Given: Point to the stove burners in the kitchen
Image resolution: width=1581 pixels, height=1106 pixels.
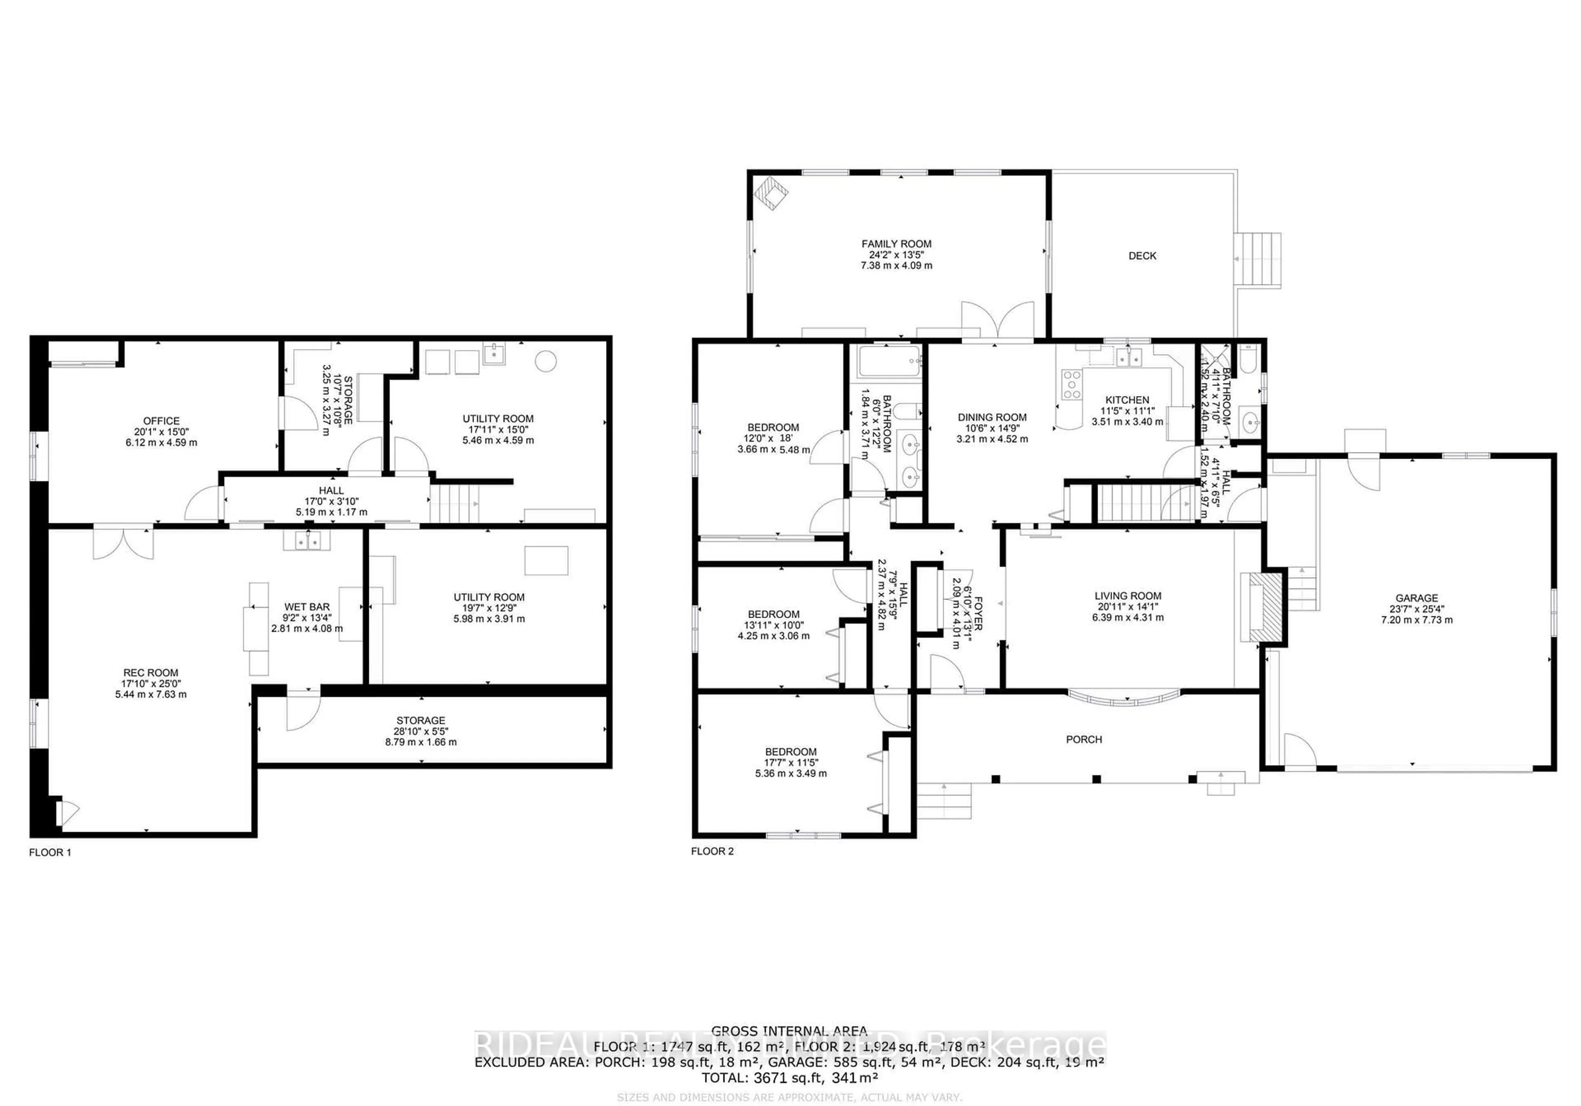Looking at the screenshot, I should (1072, 384).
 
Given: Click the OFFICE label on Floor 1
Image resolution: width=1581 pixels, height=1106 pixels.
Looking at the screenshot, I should (161, 421).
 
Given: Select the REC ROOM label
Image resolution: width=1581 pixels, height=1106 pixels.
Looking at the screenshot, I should (151, 673).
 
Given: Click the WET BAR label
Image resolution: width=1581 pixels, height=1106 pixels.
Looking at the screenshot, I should (307, 607).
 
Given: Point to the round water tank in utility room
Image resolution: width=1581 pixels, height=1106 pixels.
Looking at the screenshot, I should (546, 361).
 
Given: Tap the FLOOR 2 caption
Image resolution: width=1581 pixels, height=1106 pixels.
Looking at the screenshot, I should (712, 851).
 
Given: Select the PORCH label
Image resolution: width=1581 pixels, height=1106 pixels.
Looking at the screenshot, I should (1084, 740).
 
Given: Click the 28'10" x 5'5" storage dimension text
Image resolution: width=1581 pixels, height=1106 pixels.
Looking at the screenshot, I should (421, 731).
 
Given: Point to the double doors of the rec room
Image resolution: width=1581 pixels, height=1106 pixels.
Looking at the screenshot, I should (124, 542).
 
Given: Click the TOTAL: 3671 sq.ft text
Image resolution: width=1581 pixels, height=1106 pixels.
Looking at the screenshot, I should (789, 1078).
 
